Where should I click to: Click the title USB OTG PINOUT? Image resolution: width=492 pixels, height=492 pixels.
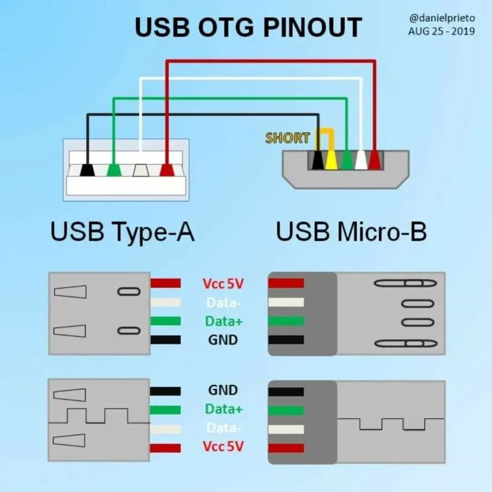(x=248, y=27)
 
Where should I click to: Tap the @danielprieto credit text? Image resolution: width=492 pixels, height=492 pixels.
(x=442, y=18)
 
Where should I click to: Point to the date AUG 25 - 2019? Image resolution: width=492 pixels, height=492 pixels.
(x=442, y=31)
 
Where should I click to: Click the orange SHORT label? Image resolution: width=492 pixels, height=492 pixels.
(x=287, y=138)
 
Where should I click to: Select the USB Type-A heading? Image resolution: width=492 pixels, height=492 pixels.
(x=122, y=232)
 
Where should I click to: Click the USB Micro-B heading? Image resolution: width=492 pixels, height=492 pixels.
(x=351, y=232)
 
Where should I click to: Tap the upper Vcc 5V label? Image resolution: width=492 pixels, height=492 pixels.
(x=223, y=284)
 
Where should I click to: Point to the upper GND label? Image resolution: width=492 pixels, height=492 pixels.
(x=223, y=339)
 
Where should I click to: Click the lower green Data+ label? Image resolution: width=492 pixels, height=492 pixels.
(x=223, y=409)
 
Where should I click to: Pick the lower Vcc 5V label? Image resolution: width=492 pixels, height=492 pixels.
(x=223, y=446)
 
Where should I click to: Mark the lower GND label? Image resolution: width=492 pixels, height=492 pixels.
(x=223, y=390)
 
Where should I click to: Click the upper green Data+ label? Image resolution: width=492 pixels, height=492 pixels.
(x=223, y=321)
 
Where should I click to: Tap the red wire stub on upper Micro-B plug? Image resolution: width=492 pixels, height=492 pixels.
(x=286, y=283)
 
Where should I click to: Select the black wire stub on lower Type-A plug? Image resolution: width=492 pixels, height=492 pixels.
(x=165, y=391)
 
